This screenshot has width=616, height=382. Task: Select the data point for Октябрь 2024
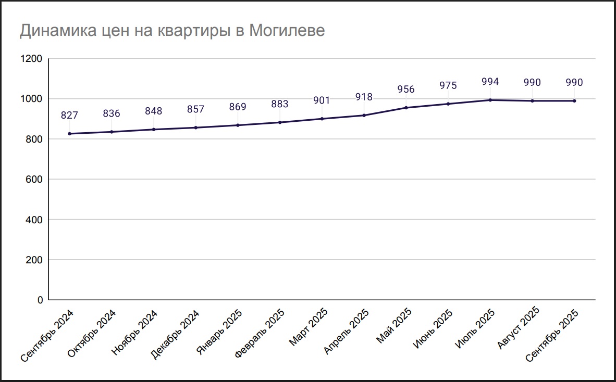pyautogui.click(x=112, y=132)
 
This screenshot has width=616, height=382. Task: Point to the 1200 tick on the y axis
pyautogui.click(x=31, y=59)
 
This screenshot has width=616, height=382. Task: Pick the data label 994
pyautogui.click(x=490, y=82)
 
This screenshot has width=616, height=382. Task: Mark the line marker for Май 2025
pyautogui.click(x=406, y=108)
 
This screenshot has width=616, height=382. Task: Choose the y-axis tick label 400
pyautogui.click(x=34, y=220)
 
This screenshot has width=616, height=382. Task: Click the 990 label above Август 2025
pyautogui.click(x=532, y=83)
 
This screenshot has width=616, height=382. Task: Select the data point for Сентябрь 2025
pyautogui.click(x=574, y=101)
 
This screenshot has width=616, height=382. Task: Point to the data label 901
pyautogui.click(x=322, y=100)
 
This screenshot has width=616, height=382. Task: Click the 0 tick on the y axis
pyautogui.click(x=40, y=300)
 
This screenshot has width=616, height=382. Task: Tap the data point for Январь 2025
pyautogui.click(x=238, y=125)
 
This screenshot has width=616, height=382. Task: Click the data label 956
pyautogui.click(x=406, y=90)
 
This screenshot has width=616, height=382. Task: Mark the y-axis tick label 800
pyautogui.click(x=34, y=139)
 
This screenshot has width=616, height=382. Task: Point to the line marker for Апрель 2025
pyautogui.click(x=364, y=115)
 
